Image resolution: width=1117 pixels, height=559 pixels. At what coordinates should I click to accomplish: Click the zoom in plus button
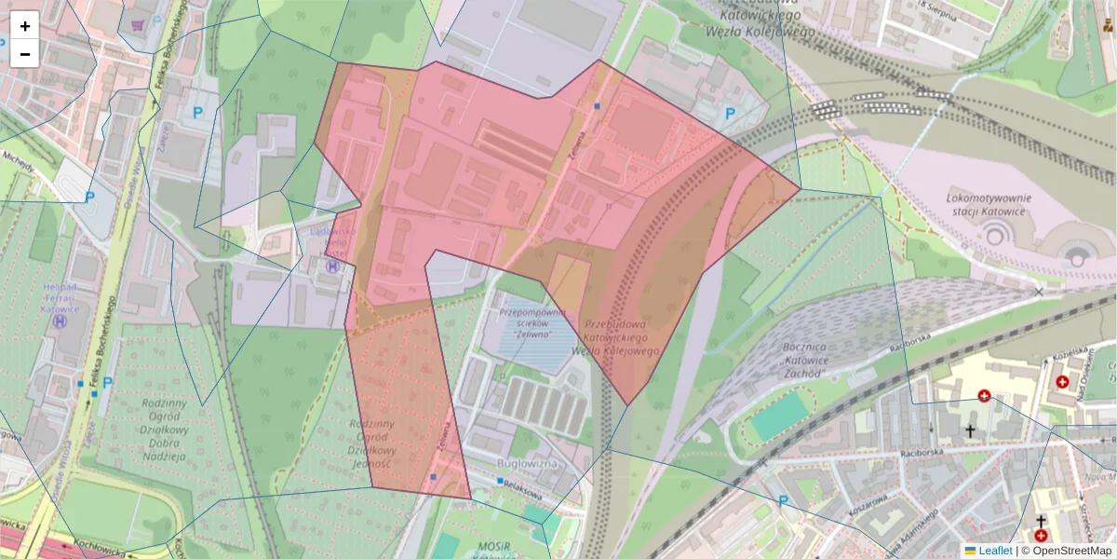point(25,26)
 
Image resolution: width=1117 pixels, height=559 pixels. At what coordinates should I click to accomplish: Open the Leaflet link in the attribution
point(995,551)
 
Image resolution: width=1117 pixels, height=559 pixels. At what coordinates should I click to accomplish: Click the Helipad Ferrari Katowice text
point(61,297)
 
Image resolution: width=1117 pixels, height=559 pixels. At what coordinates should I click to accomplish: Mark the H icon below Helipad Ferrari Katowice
point(61,321)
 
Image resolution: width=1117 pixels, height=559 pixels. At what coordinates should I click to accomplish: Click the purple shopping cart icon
point(139,24)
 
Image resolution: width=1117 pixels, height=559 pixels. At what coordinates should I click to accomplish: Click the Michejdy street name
point(18,166)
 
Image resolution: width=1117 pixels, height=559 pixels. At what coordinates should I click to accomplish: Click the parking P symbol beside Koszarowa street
point(783,500)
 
